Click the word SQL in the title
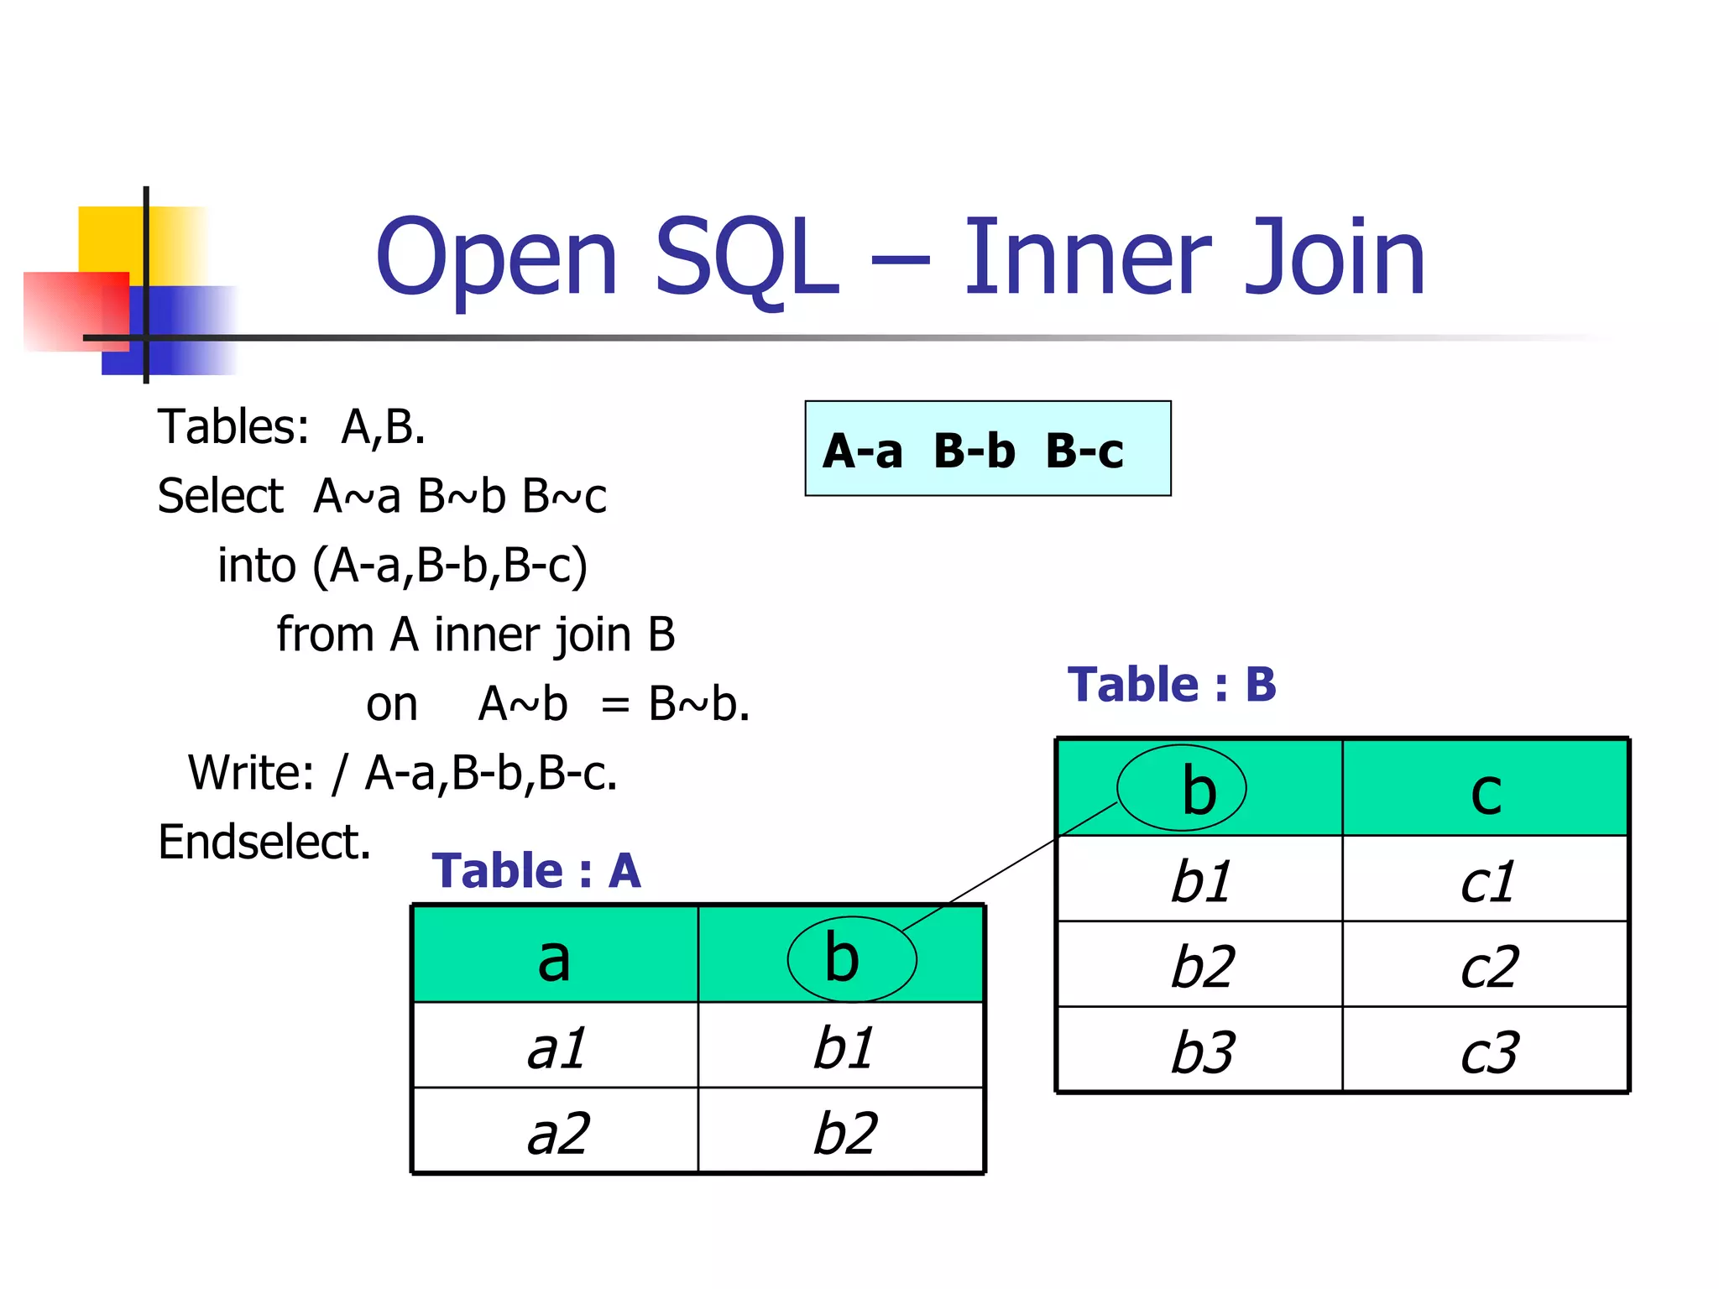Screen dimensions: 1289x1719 tap(745, 258)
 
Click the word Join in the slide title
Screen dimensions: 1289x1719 tap(1335, 258)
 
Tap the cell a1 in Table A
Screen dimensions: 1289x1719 tap(556, 1047)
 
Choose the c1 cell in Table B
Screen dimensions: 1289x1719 tap(1487, 881)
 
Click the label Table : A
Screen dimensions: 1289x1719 tap(536, 871)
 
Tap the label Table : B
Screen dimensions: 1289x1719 tap(1172, 685)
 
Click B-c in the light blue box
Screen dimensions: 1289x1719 tap(1084, 451)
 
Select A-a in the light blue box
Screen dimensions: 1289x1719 tap(863, 451)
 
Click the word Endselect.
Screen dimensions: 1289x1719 tap(264, 842)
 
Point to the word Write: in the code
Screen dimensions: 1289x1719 tap(251, 773)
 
